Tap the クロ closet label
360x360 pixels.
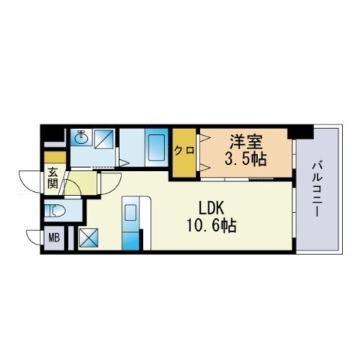coord(184,150)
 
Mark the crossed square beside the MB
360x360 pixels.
coord(88,238)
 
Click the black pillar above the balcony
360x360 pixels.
coord(301,132)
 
